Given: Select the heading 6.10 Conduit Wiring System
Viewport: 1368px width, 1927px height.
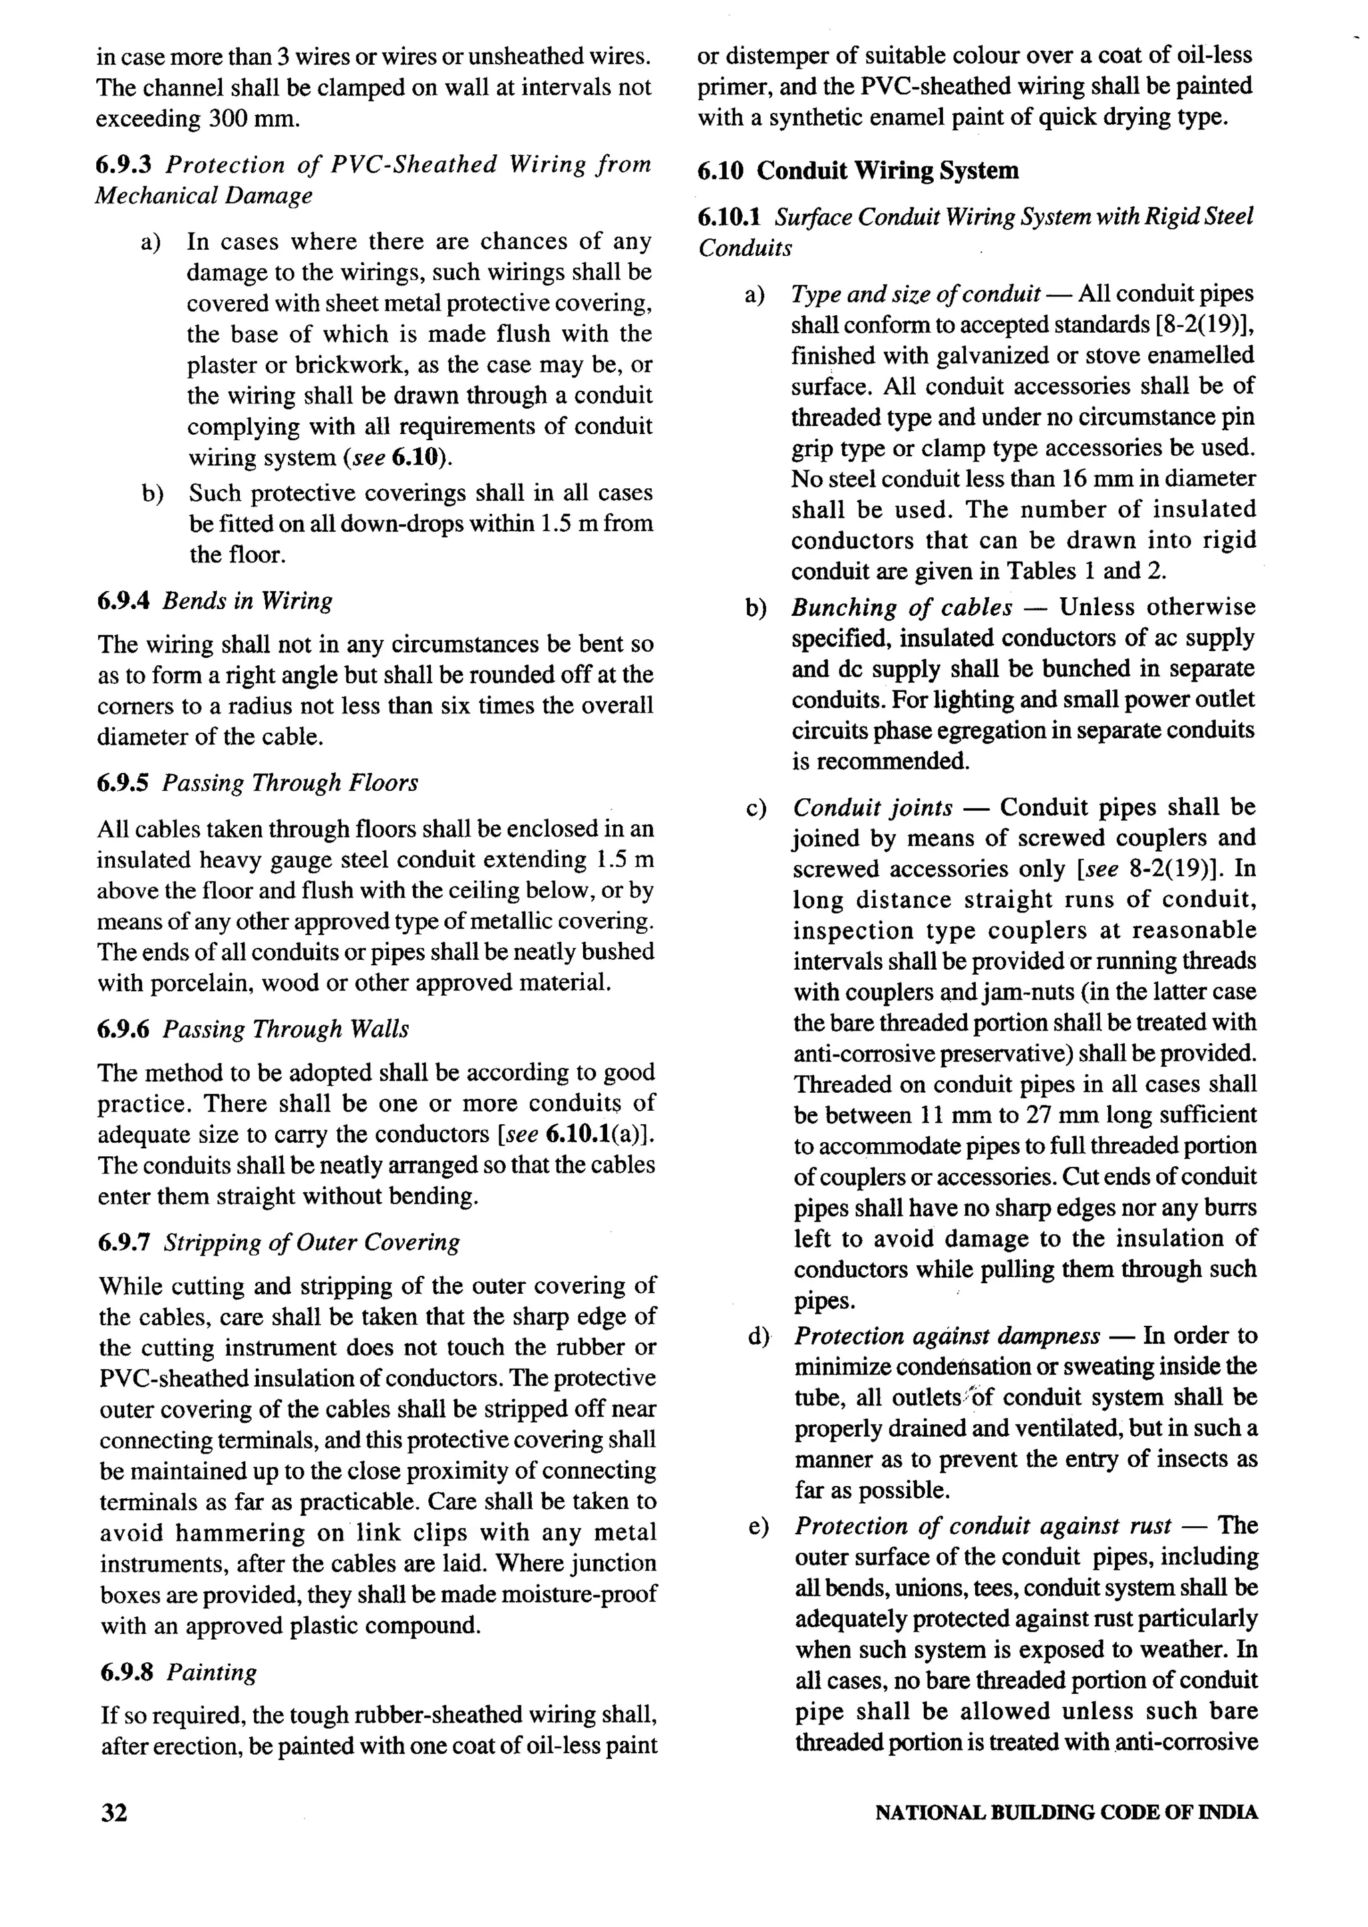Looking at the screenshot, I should (858, 170).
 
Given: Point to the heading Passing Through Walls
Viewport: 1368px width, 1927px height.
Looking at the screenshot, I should (286, 1029).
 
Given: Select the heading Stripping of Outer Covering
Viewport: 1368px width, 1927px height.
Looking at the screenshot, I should (312, 1242).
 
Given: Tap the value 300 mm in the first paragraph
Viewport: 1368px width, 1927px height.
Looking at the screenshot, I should (252, 118).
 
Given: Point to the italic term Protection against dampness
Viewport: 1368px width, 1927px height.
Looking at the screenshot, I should (947, 1336).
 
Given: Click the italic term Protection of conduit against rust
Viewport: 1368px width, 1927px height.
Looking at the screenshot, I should (982, 1526).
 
